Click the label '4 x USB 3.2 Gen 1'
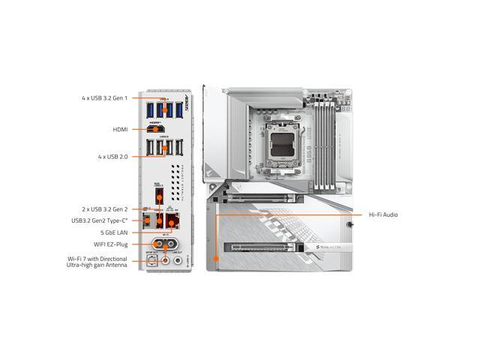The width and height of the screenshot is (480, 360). click(x=105, y=98)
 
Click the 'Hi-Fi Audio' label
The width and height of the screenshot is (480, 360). click(x=382, y=215)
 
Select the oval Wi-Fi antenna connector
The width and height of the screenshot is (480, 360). click(x=165, y=244)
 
